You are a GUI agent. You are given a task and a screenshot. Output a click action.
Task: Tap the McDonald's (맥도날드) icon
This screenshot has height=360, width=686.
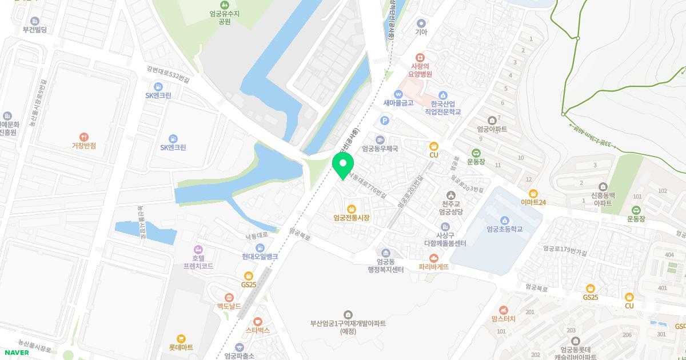(229, 297)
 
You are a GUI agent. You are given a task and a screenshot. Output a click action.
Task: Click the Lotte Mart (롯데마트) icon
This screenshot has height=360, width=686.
(181, 338)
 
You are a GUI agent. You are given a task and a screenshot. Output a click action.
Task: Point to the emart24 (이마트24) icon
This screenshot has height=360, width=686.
(533, 193)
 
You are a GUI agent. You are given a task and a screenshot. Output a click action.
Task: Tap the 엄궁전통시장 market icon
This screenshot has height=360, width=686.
(351, 209)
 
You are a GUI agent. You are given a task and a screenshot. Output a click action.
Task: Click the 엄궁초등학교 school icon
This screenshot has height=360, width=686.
(504, 221)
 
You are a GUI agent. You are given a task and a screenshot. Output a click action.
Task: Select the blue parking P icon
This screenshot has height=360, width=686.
(385, 121)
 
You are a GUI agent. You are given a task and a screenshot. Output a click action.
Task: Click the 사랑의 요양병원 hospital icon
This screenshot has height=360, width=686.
(420, 58)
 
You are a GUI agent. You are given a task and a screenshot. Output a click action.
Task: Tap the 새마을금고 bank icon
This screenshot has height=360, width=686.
(398, 94)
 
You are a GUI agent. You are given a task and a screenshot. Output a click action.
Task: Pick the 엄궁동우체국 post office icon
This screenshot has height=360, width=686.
(380, 139)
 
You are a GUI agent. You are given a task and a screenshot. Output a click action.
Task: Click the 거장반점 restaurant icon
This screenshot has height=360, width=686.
(84, 137)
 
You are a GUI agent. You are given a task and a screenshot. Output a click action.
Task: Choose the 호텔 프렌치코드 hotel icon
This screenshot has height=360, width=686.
(198, 249)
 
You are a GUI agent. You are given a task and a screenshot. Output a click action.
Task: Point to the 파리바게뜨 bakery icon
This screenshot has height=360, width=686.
(433, 258)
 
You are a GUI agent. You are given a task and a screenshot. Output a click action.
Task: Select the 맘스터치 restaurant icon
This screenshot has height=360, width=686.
(503, 310)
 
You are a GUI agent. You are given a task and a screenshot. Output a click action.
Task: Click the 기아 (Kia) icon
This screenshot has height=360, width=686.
(421, 23)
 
